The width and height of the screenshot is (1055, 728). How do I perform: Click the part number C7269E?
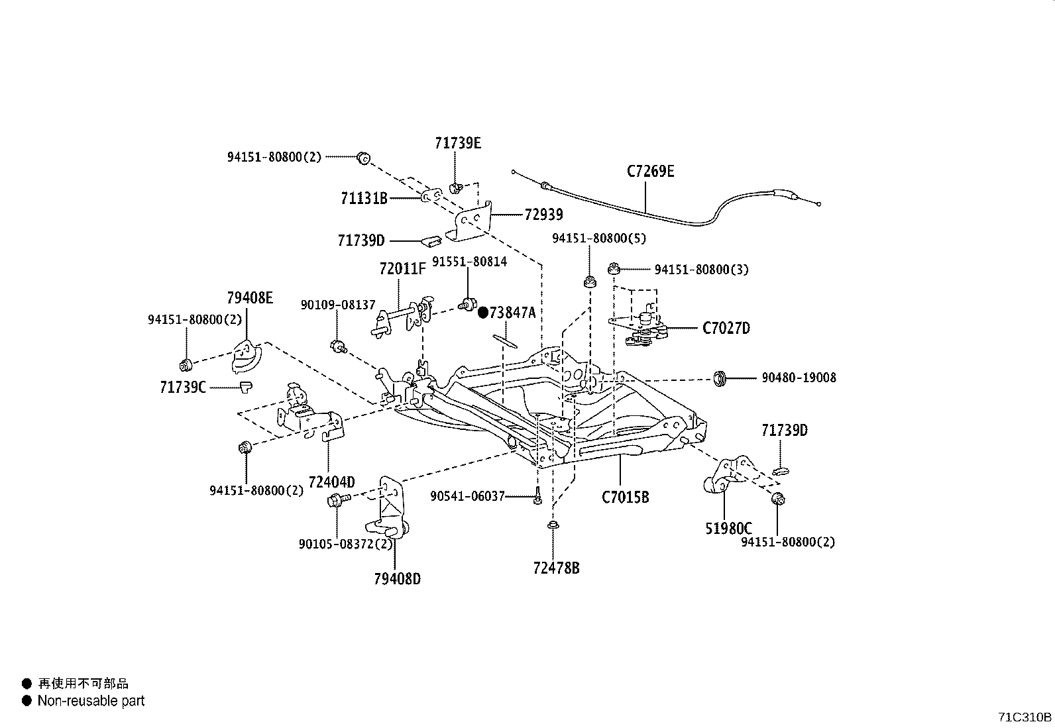(650, 172)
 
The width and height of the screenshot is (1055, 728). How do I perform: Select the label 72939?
(543, 215)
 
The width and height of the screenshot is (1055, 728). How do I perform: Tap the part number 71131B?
(364, 198)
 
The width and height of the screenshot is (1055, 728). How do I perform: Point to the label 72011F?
(402, 269)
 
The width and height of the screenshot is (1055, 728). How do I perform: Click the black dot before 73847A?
(483, 312)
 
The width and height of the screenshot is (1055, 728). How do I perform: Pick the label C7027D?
(726, 328)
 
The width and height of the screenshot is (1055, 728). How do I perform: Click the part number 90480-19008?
(799, 378)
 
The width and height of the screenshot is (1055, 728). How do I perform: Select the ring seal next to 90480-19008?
(720, 379)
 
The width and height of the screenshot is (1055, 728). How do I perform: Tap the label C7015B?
(625, 496)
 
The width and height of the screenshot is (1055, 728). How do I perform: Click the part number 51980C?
(728, 529)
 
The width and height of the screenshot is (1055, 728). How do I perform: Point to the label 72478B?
(556, 568)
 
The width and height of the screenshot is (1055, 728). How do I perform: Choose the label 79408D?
(397, 579)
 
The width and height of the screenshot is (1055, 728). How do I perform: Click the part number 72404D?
(331, 482)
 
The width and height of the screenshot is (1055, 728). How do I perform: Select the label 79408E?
(249, 297)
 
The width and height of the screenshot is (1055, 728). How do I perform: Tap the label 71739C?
(183, 387)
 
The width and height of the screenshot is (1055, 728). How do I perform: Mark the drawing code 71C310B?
(1025, 717)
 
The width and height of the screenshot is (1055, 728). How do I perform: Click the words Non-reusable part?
(91, 701)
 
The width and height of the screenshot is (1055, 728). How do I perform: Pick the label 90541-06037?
(467, 495)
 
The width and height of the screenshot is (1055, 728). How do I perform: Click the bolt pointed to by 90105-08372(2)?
(335, 501)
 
